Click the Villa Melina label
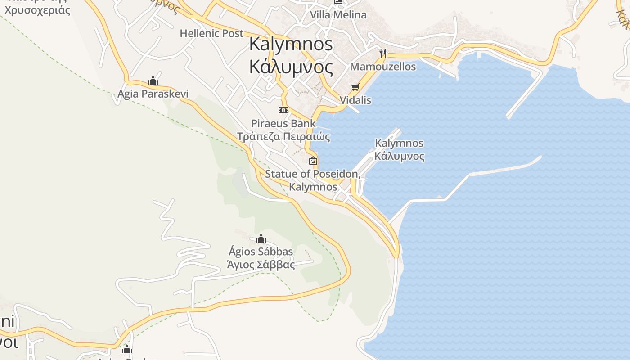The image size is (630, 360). (x=338, y=15)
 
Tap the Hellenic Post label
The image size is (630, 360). (x=211, y=33)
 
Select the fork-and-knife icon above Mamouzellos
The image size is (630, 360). (x=383, y=54)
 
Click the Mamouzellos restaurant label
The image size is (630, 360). (x=383, y=67)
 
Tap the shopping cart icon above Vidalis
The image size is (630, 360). (x=355, y=87)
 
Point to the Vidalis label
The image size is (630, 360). (x=355, y=100)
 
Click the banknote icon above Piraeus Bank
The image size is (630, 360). (x=283, y=110)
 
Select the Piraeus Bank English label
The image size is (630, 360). (x=283, y=123)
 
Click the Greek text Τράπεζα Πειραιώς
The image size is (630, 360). (x=283, y=136)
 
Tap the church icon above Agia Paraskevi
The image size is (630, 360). (x=153, y=81)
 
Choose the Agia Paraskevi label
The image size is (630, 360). (x=153, y=94)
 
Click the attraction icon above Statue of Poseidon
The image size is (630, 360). (x=313, y=161)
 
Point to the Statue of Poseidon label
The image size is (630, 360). (x=313, y=174)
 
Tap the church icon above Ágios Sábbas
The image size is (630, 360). (x=261, y=238)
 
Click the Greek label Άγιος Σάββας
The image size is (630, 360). (x=261, y=265)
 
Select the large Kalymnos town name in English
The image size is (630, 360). (x=291, y=44)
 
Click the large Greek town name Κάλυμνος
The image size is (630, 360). (x=291, y=67)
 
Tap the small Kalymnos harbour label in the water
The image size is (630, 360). (x=399, y=144)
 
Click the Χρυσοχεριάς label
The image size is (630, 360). (x=38, y=10)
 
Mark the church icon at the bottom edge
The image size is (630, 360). (x=127, y=350)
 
